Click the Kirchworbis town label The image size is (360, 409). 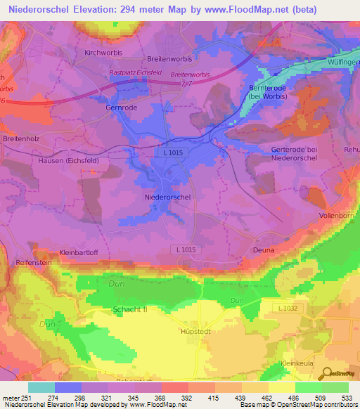(103, 53)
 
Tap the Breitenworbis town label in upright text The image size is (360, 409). (169, 60)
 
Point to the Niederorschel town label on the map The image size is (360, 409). (167, 197)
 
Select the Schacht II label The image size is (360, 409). (130, 309)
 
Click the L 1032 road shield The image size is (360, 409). (289, 309)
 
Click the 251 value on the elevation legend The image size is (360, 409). (28, 398)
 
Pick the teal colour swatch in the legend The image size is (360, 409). (41, 387)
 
